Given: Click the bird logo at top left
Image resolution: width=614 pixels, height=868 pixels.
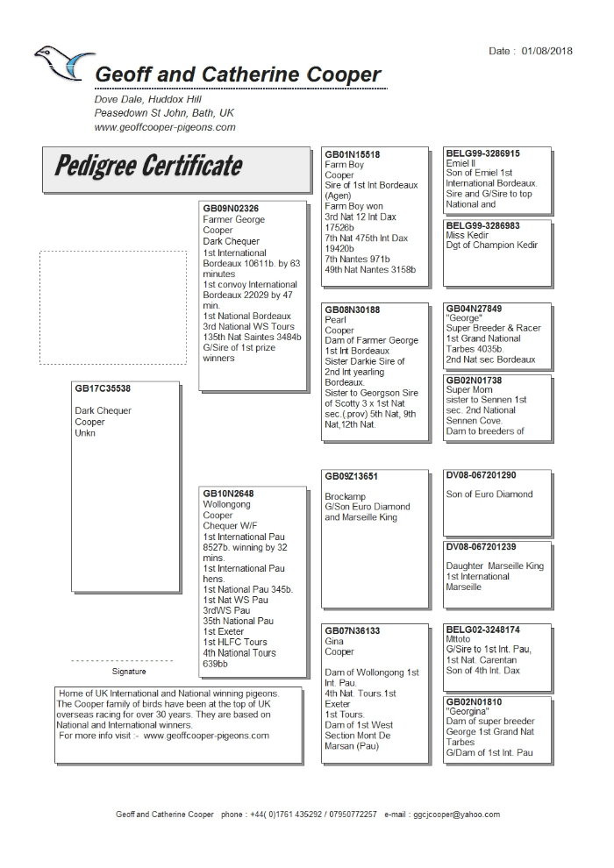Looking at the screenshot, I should point(63,65).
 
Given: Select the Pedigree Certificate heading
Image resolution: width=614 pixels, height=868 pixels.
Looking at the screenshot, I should point(148,167).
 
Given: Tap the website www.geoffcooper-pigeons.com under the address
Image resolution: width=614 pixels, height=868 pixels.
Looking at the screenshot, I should point(165,127).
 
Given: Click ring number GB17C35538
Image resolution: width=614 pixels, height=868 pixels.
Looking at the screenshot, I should point(103,388).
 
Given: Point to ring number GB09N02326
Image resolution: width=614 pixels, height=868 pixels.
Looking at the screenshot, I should point(231,209).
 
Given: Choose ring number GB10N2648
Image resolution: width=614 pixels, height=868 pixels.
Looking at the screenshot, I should point(228,494).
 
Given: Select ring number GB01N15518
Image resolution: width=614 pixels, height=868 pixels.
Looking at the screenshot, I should point(352,154).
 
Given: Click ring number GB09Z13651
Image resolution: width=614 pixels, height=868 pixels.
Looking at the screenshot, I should point(351,476).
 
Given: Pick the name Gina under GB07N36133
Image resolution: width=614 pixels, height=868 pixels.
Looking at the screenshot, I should point(334,642).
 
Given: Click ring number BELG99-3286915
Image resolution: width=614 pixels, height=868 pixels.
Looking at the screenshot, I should point(482,153).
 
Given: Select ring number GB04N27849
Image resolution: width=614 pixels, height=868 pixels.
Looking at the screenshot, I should point(474,309).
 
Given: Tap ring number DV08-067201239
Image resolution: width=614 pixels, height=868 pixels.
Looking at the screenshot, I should point(481,547).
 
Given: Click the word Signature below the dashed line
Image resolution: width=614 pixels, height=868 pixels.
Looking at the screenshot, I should point(128,671).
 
